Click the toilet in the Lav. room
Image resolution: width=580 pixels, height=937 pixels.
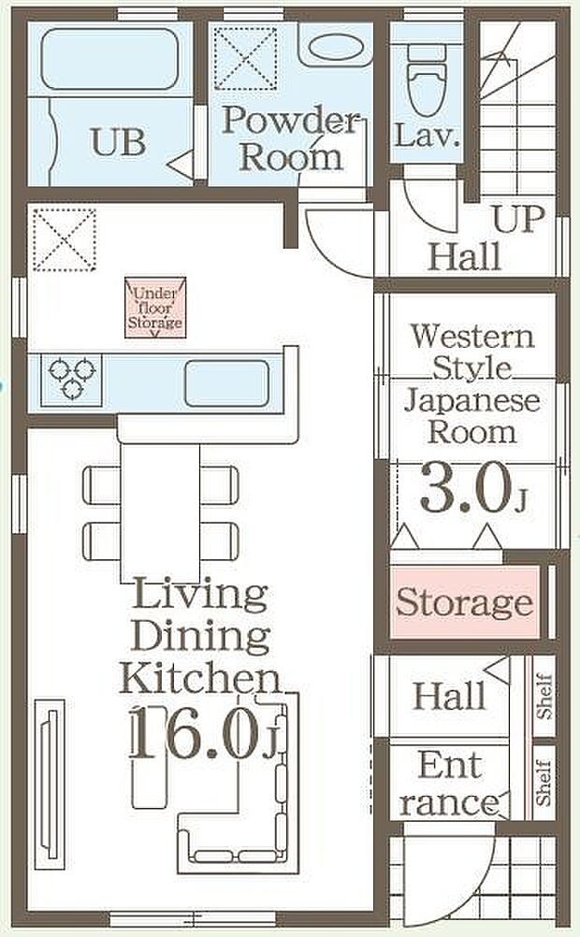427,80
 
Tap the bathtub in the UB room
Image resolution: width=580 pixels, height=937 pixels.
110,59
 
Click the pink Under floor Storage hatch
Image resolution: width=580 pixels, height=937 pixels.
155,307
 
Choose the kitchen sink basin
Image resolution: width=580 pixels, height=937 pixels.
226,383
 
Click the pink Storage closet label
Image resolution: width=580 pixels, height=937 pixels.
464,602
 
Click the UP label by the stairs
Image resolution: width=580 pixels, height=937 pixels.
519,219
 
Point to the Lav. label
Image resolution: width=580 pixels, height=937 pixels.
427,135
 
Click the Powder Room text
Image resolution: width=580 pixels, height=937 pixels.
291,138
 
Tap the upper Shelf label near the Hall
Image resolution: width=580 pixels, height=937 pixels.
544,696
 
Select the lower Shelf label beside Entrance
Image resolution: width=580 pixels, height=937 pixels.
543,782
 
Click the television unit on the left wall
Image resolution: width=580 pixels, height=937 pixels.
50,784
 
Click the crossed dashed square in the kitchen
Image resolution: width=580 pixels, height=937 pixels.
64,239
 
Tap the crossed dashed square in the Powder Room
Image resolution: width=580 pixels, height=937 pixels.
246,59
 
